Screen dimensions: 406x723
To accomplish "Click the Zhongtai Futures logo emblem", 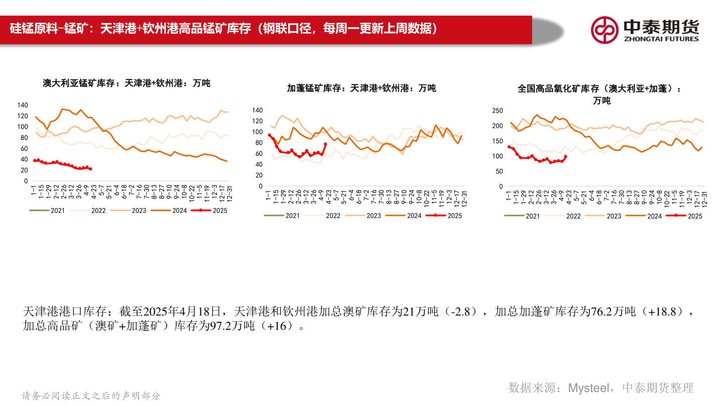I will point(605,30).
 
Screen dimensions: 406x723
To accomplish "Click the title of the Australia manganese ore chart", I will point(127,83).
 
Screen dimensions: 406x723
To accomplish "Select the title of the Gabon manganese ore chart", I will point(361,88).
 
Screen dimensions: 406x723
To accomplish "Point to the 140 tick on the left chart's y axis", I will point(23,105).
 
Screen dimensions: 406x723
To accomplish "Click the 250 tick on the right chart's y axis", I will point(497,111).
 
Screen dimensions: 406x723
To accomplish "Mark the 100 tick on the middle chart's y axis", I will point(258,132).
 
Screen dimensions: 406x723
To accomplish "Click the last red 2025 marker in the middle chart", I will point(325,144).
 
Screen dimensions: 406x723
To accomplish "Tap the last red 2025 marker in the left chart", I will point(90,169).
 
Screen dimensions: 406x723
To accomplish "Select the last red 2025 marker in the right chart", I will point(566,156).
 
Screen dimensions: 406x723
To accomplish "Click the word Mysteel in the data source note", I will point(589,387).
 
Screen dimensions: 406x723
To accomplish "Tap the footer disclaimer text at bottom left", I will point(91,395).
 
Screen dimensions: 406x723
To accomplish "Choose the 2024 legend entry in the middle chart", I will point(414,216).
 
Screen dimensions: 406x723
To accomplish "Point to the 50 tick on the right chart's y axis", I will point(499,171).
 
